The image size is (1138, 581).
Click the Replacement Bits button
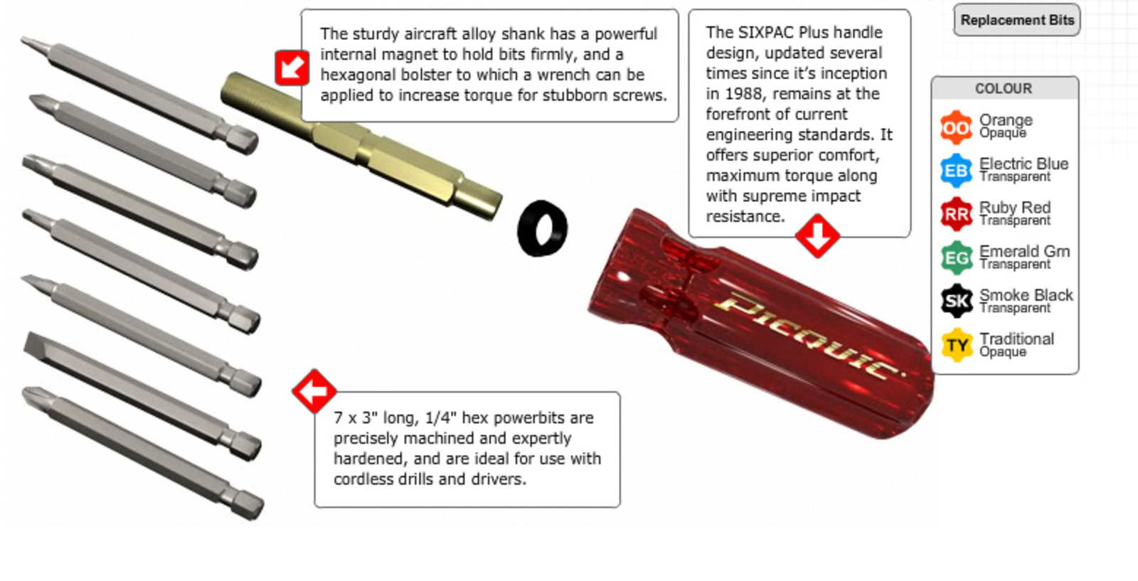(x=1016, y=20)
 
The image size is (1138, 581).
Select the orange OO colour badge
(x=956, y=127)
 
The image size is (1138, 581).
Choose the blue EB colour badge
(x=956, y=171)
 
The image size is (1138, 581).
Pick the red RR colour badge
(x=956, y=214)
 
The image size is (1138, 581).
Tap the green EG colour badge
(x=956, y=258)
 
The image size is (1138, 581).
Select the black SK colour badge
(x=956, y=301)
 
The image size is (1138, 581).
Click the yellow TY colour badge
(x=956, y=346)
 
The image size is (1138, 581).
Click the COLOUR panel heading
(x=1004, y=88)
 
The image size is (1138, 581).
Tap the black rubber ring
(x=542, y=228)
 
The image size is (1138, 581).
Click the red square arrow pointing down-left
(x=292, y=68)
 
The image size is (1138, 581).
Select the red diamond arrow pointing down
(x=817, y=235)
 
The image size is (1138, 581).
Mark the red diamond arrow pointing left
(x=314, y=391)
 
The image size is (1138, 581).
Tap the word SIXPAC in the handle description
(x=765, y=33)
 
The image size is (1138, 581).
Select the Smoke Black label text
(x=1026, y=295)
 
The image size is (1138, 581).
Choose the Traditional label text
(x=1016, y=339)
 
